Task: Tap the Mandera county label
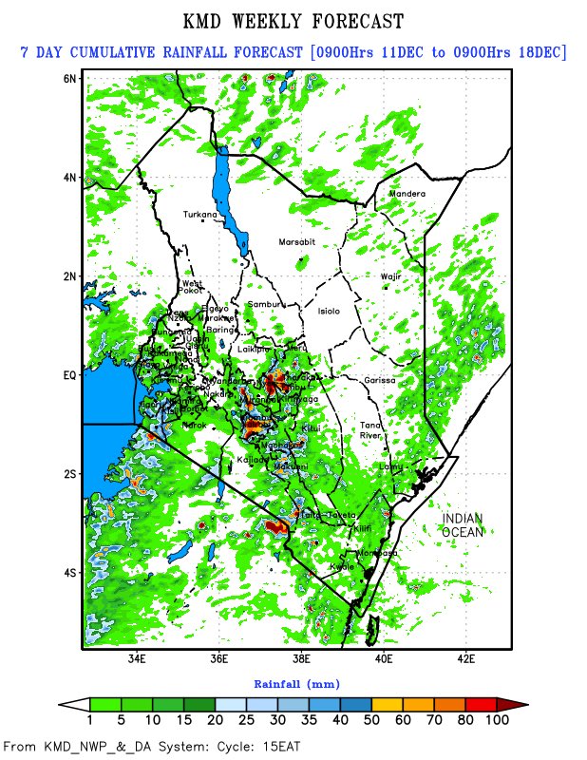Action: tap(407, 194)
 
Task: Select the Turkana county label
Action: tap(200, 214)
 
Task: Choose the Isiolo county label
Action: tap(329, 311)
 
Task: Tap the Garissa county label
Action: tap(379, 380)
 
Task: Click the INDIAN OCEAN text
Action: tap(463, 525)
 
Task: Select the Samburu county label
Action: tap(265, 304)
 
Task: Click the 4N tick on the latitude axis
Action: tap(69, 177)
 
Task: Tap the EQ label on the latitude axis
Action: tap(69, 375)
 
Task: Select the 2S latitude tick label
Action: tap(69, 474)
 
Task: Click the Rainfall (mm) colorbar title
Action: tap(296, 683)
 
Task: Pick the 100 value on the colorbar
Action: tap(497, 721)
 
